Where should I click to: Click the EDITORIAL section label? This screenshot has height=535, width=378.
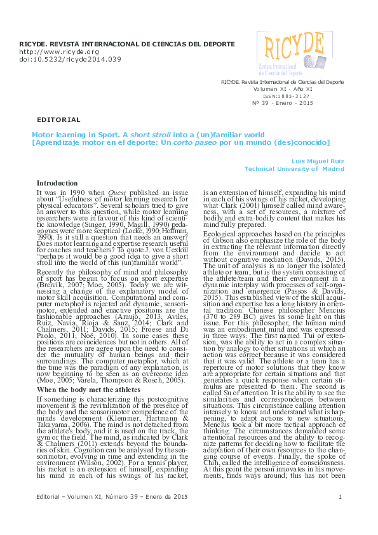click(59, 119)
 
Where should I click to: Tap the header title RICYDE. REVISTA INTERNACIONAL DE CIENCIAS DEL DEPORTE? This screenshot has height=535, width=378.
click(127, 44)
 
